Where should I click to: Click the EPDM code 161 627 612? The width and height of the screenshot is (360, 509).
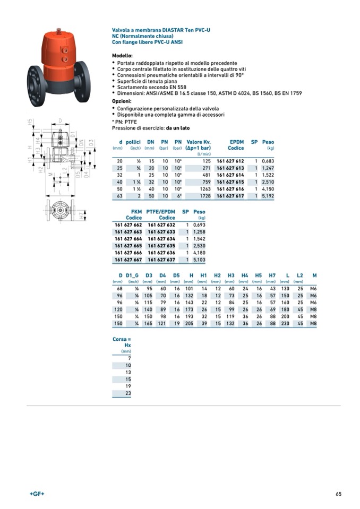tap(230, 160)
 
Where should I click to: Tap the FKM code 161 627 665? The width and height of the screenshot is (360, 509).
tap(128, 246)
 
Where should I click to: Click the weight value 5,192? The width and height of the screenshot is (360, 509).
tap(268, 196)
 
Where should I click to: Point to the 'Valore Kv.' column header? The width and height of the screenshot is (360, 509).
tap(199, 142)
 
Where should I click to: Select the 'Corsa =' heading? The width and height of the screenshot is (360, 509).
tap(122, 339)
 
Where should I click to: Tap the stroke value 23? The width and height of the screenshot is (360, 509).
tap(128, 394)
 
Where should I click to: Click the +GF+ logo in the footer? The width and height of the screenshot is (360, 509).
tap(37, 494)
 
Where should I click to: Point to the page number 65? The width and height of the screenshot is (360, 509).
tap(338, 494)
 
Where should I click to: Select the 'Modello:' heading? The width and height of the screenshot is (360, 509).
tap(122, 56)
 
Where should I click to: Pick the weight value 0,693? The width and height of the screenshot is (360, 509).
tap(199, 225)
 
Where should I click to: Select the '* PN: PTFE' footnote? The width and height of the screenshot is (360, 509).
tap(125, 122)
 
